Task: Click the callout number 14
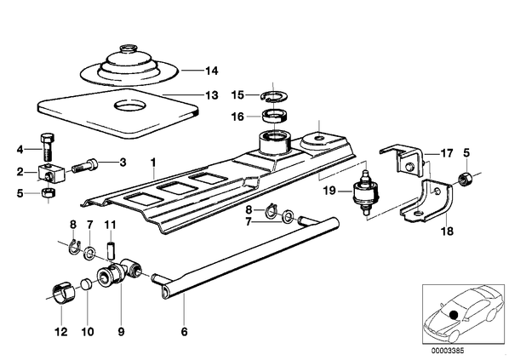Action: [212, 71]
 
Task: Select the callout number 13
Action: [212, 95]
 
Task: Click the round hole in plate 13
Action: [129, 106]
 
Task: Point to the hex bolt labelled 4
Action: [48, 146]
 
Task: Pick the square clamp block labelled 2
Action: [52, 173]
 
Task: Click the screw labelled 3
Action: [84, 165]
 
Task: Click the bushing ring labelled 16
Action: [275, 116]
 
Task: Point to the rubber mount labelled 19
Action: [366, 192]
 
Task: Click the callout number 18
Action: [447, 231]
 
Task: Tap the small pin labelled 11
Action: [111, 249]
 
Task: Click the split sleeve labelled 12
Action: [63, 294]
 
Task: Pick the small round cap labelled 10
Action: [86, 283]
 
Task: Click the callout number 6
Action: [185, 332]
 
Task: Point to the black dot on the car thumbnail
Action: [454, 315]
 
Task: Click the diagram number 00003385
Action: [448, 351]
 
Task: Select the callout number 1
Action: [153, 162]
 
